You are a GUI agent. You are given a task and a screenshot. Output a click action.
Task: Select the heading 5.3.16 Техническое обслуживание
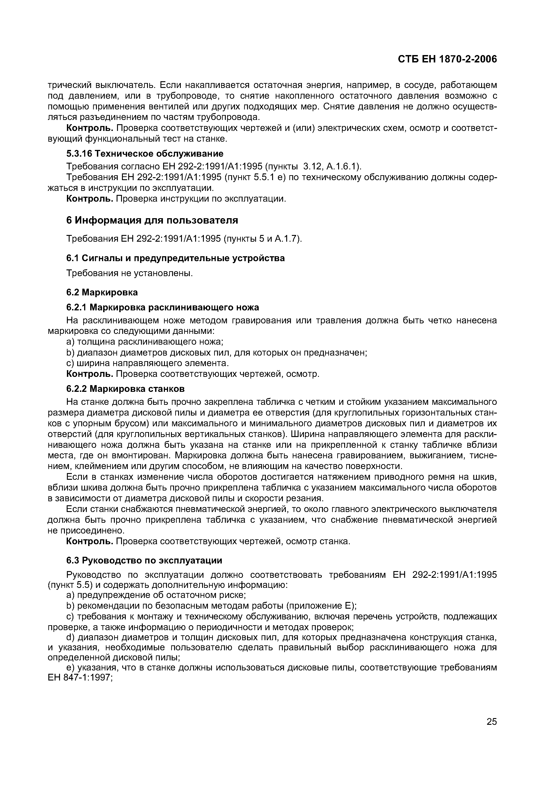[x=145, y=153]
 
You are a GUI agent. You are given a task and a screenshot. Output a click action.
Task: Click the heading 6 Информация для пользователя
[x=152, y=220]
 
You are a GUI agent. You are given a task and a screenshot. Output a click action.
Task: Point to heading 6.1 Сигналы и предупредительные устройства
[x=175, y=258]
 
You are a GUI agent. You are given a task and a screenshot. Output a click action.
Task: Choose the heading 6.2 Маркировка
[x=102, y=292]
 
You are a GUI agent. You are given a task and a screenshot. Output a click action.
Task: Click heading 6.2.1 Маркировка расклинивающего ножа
[x=162, y=307]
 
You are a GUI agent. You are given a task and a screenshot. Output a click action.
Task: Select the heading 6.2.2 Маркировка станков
[x=125, y=389]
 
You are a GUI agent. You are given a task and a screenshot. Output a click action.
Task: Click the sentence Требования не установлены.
[x=130, y=273]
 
